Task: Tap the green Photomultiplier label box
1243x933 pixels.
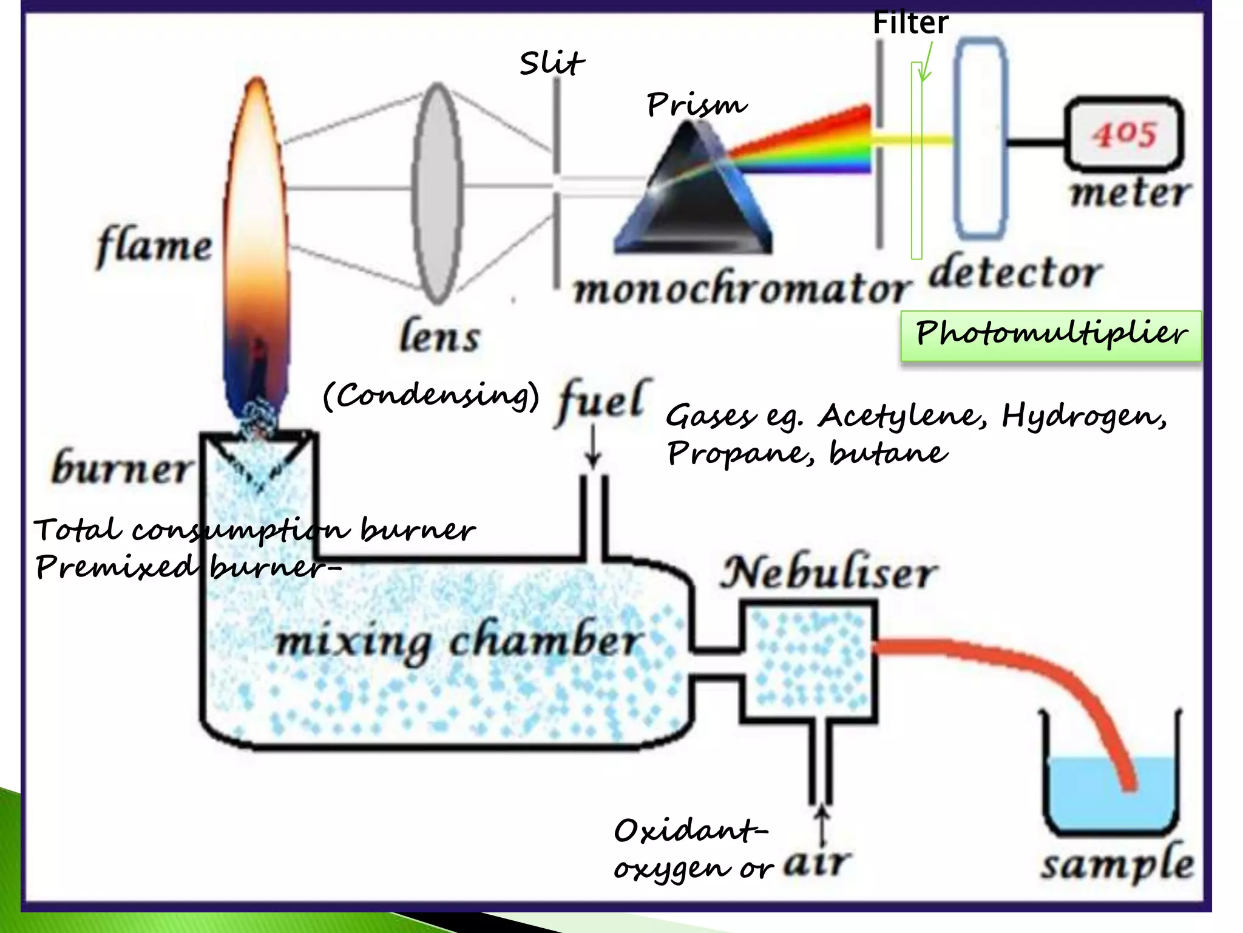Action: (1051, 335)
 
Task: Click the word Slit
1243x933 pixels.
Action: (551, 63)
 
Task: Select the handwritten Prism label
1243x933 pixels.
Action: (696, 105)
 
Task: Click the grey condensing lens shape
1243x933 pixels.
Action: (436, 193)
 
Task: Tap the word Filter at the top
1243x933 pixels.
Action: (910, 23)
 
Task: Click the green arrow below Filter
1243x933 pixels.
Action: (926, 64)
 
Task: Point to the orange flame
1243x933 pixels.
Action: (257, 243)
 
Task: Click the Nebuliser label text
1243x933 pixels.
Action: (828, 573)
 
